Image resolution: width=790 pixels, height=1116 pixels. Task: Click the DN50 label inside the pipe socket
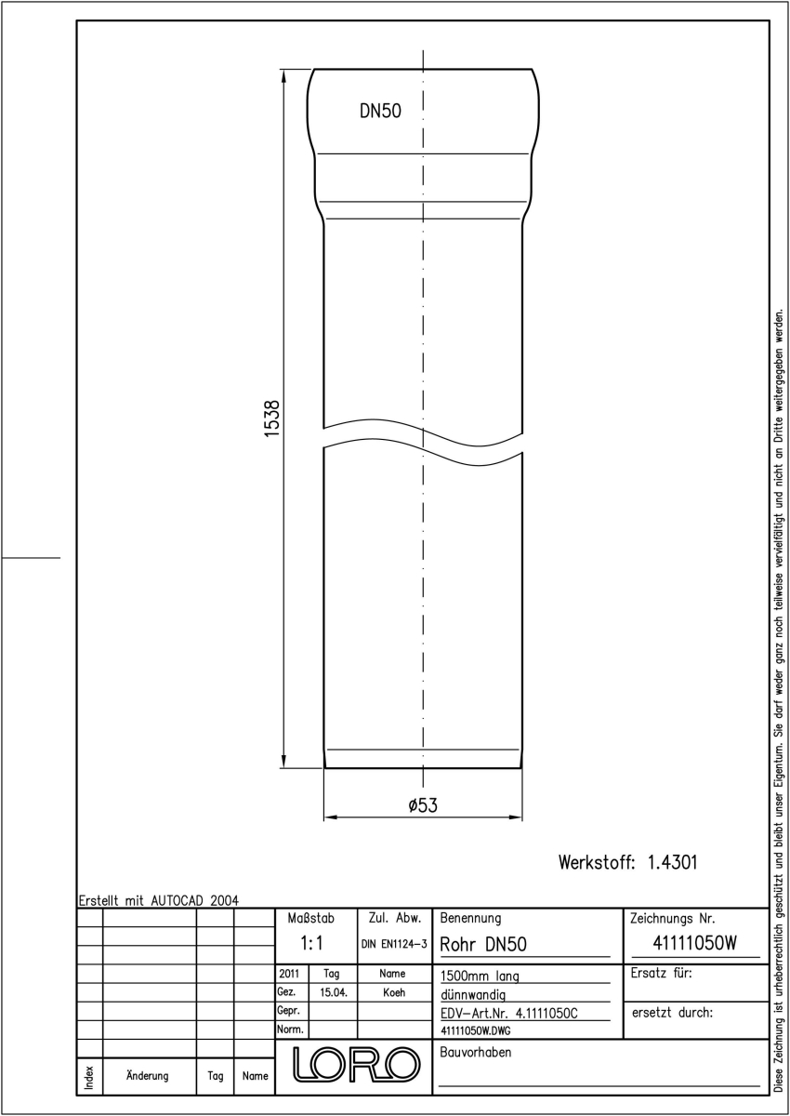[380, 111]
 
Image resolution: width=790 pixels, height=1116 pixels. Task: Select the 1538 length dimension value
[271, 418]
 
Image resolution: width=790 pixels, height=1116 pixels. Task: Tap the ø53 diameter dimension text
[423, 805]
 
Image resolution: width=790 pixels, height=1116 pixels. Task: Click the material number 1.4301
[673, 862]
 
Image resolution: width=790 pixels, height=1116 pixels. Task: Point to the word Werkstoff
[597, 862]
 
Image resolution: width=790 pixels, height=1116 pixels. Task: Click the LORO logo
[356, 1064]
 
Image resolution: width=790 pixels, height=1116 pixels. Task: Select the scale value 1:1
[311, 943]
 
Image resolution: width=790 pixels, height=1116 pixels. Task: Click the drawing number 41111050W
[694, 943]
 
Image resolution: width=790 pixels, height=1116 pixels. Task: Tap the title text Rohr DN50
[483, 944]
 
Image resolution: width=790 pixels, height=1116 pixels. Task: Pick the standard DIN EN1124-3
[394, 944]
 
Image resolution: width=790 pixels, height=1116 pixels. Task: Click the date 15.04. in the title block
[334, 992]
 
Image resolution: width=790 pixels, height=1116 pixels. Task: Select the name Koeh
[394, 992]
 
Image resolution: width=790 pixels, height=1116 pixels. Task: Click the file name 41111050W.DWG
[475, 1030]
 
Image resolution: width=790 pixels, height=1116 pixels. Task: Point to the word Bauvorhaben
[475, 1052]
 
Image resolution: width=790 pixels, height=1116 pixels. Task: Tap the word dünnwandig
[473, 995]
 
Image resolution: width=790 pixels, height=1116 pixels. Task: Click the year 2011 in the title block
[289, 974]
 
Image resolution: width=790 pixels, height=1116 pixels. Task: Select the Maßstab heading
[311, 918]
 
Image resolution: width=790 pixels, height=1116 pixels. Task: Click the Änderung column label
[148, 1076]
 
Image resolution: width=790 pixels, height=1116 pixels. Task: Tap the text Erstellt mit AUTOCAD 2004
[159, 901]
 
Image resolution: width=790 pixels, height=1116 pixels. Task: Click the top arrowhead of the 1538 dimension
[283, 76]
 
